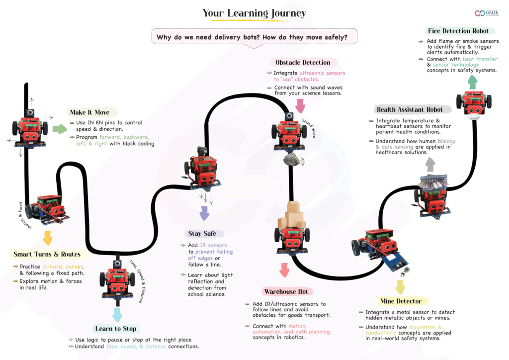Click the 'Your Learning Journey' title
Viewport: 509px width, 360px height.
(254, 13)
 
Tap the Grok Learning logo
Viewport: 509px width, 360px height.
(487, 13)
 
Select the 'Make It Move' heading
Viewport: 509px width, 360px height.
(90, 112)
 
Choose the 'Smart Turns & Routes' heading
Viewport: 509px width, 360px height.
(47, 254)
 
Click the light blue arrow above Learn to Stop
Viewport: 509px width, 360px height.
(117, 315)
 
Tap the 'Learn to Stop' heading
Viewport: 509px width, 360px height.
(115, 329)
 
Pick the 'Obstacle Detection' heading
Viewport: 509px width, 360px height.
(303, 63)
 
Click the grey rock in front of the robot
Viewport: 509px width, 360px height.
(292, 159)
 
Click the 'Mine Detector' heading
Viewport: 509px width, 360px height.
(401, 301)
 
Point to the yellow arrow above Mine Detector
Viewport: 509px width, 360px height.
(400, 286)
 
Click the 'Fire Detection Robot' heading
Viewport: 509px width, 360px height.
(458, 31)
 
